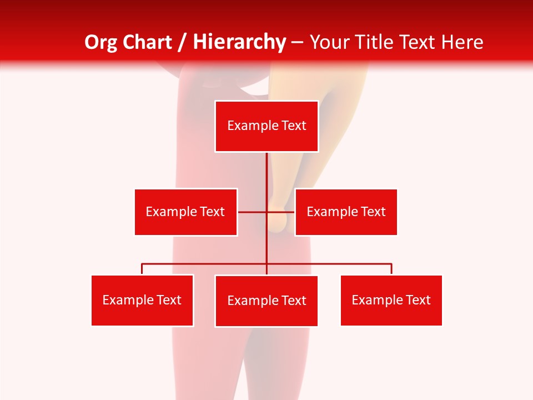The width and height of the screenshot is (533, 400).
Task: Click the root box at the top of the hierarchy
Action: click(266, 126)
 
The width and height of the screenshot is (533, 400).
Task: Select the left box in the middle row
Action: click(185, 212)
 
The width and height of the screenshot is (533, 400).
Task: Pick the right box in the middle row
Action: click(346, 212)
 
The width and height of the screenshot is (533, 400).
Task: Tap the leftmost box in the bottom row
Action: click(142, 300)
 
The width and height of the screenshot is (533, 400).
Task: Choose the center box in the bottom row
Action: click(266, 301)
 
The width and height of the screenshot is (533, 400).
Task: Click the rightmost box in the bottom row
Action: click(391, 300)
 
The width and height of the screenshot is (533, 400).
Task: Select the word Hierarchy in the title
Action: click(239, 42)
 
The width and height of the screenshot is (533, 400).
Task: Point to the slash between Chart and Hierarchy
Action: click(182, 42)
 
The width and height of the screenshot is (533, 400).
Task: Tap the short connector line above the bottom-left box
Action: click(142, 269)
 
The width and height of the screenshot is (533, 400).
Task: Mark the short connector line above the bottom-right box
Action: click(391, 269)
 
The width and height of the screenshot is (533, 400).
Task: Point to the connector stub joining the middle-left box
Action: click(252, 212)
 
